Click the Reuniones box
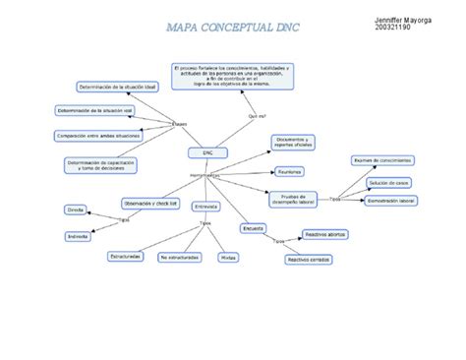tap(290, 170)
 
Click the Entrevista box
tap(205, 207)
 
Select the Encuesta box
tap(253, 227)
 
